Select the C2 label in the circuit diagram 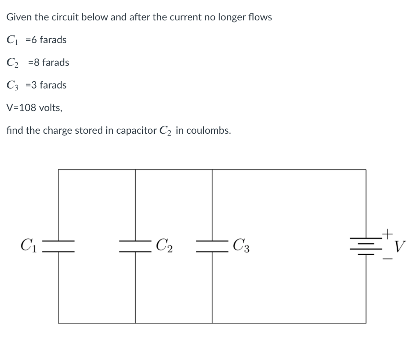pyautogui.click(x=165, y=245)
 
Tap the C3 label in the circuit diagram pyautogui.click(x=242, y=245)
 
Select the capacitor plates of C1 pyautogui.click(x=58, y=246)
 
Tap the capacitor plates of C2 pyautogui.click(x=135, y=246)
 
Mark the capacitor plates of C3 pyautogui.click(x=212, y=246)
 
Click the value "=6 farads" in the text pyautogui.click(x=46, y=40)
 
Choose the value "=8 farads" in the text pyautogui.click(x=48, y=62)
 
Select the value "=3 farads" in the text pyautogui.click(x=46, y=85)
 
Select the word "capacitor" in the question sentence pyautogui.click(x=134, y=131)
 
